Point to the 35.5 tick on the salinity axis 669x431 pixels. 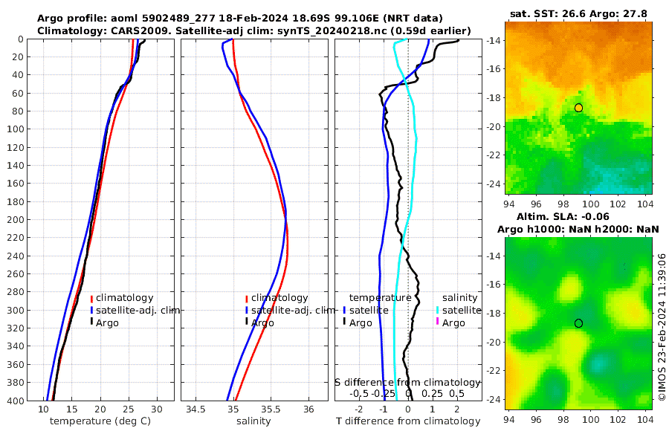[271, 409]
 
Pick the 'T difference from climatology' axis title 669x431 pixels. [408, 421]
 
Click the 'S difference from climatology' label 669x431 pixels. [407, 382]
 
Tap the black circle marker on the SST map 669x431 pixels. [578, 108]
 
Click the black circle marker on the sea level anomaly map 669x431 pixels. [578, 323]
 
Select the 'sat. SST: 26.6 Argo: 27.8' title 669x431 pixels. [579, 13]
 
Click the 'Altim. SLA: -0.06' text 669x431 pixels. [579, 215]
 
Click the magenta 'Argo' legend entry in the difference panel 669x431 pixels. [453, 323]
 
